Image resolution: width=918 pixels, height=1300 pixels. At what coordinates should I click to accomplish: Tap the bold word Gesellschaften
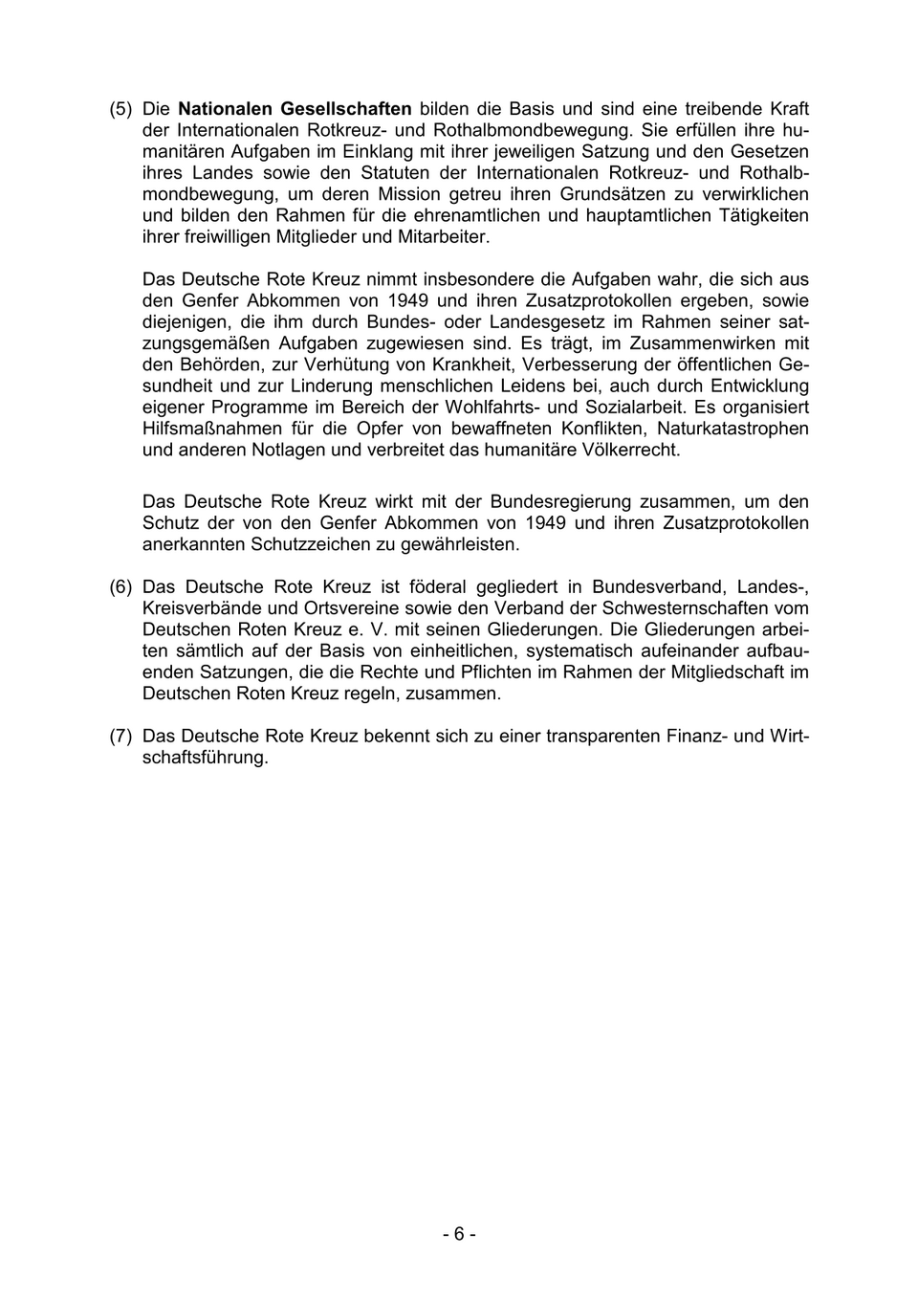pos(346,109)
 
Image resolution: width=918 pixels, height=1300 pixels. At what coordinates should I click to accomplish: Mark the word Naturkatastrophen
pos(732,429)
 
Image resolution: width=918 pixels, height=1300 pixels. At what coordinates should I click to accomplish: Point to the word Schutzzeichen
pos(306,544)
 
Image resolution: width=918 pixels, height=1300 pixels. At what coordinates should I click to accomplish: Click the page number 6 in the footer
pos(459,1234)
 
